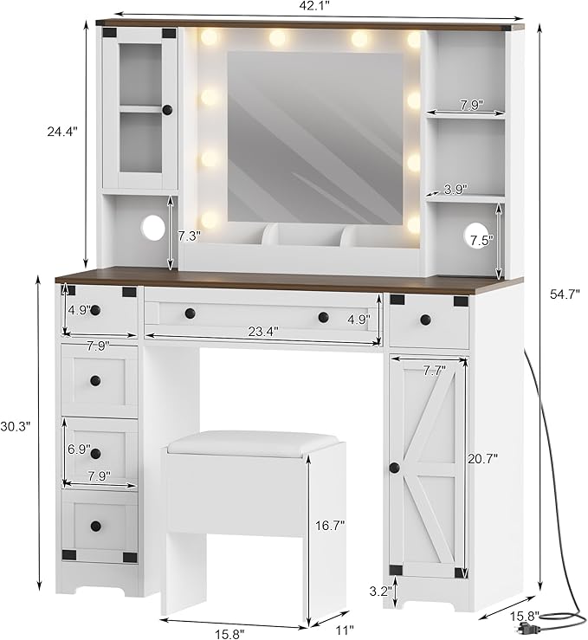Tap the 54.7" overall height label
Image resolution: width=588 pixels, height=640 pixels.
[x=565, y=294]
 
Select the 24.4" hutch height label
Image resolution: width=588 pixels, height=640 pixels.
[x=62, y=132]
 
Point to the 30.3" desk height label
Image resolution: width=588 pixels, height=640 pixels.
[x=16, y=426]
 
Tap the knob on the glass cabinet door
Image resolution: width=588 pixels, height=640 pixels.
[x=167, y=109]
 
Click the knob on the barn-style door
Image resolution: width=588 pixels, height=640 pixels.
[x=394, y=468]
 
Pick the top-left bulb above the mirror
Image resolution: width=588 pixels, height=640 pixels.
[x=210, y=39]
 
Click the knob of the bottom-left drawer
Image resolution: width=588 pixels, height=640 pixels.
[x=96, y=526]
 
